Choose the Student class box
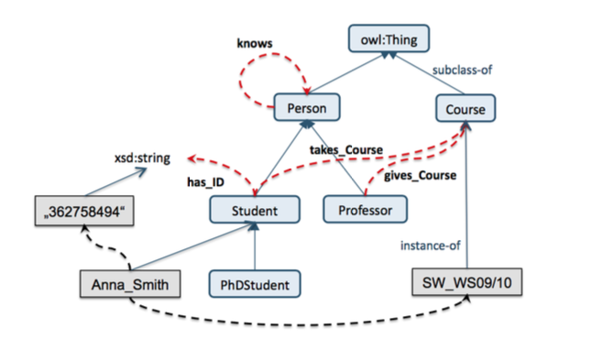point(255,211)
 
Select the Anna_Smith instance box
point(128,285)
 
